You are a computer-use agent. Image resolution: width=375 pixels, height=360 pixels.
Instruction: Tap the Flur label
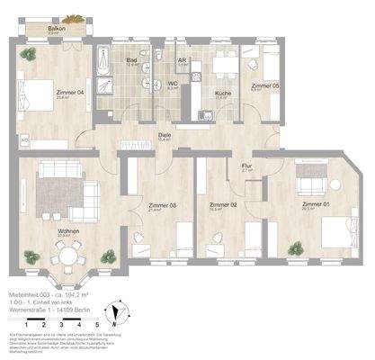(246, 166)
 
